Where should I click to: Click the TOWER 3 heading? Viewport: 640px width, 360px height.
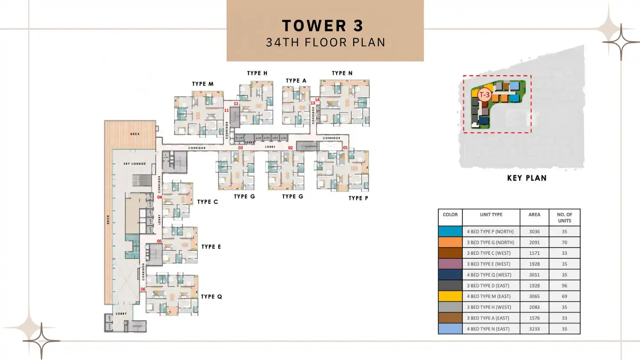click(x=323, y=26)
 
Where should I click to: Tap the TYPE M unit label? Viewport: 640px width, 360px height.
click(x=203, y=84)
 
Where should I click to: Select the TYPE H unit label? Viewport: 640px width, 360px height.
click(x=257, y=73)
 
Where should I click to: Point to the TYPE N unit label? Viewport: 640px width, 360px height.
click(x=342, y=73)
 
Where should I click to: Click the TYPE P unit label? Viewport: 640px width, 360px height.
click(x=358, y=198)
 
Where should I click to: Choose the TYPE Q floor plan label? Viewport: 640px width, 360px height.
click(x=211, y=296)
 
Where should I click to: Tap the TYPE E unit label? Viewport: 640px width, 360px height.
click(x=211, y=247)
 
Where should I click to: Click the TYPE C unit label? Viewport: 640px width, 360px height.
click(x=208, y=202)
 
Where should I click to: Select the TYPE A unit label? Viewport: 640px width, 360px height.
click(x=296, y=81)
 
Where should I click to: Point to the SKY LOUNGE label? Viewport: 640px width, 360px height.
click(x=135, y=164)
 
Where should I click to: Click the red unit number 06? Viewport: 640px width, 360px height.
click(x=143, y=289)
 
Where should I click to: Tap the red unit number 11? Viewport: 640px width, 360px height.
click(x=226, y=110)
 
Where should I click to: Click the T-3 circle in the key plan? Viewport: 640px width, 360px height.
click(x=484, y=95)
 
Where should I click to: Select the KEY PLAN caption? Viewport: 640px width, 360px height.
click(x=527, y=178)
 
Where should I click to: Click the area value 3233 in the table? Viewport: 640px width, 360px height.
click(x=534, y=329)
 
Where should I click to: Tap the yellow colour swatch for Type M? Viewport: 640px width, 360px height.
click(x=450, y=296)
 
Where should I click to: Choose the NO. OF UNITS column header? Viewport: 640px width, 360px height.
click(x=564, y=217)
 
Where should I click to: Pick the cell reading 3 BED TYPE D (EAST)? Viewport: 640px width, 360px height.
click(x=491, y=286)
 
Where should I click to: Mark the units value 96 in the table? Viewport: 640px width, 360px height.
click(x=564, y=286)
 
